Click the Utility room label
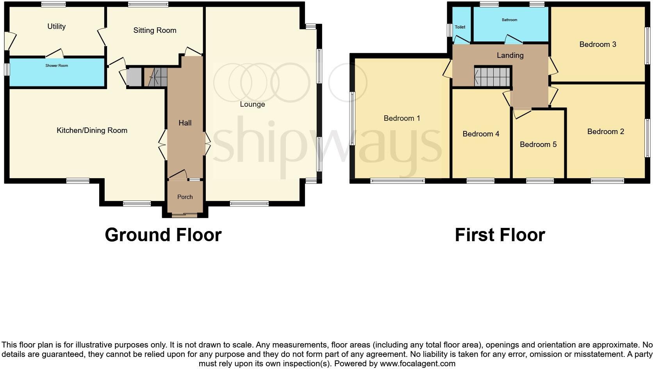tap(56, 27)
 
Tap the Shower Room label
tap(57, 66)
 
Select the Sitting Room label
tap(155, 30)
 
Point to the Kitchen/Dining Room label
tap(92, 131)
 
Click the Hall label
tap(185, 123)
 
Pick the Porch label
tap(185, 197)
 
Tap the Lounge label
tap(252, 104)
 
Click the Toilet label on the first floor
tap(460, 27)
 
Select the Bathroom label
tap(509, 20)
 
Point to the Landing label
tap(510, 56)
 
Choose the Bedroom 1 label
tap(401, 118)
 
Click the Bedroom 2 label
tap(605, 132)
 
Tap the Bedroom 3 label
tap(598, 45)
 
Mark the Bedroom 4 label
tap(481, 134)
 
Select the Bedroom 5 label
tap(538, 145)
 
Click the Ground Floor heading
tap(163, 235)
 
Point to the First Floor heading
tap(500, 235)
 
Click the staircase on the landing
tap(492, 77)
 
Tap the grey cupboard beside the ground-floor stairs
tap(134, 77)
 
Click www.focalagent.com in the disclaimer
tap(417, 364)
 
